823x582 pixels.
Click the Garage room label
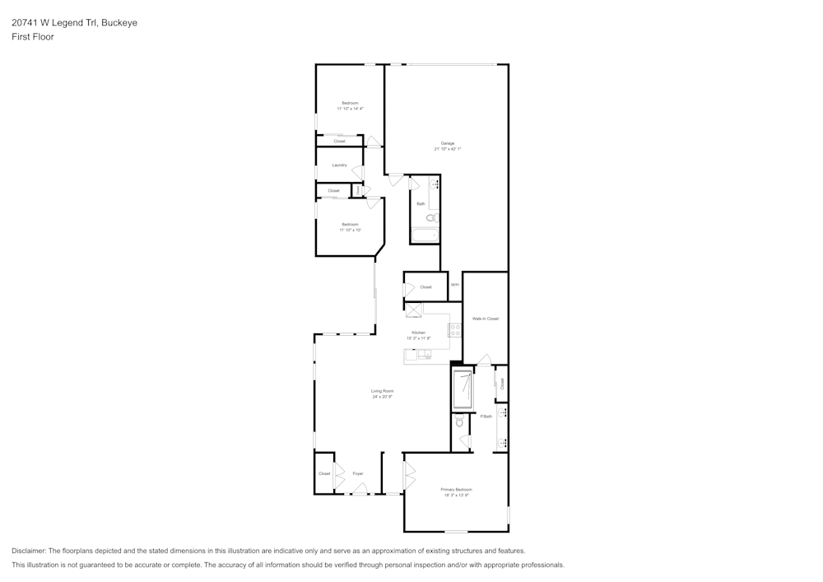447,143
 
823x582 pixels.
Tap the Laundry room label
339,165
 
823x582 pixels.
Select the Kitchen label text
419,333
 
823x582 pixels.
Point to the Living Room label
382,391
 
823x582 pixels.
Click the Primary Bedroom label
457,490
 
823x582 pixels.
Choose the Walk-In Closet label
486,319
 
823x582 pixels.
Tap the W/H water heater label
454,285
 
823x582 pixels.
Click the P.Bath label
486,417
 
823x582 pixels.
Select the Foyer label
358,474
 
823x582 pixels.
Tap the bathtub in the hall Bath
425,236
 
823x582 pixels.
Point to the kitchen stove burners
454,330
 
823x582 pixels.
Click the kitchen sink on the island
424,356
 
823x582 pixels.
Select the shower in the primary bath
463,389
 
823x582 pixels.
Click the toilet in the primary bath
459,421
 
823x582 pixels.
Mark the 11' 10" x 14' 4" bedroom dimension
350,109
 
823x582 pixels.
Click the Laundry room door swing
358,172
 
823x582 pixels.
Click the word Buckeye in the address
119,23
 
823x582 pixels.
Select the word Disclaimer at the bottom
30,551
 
